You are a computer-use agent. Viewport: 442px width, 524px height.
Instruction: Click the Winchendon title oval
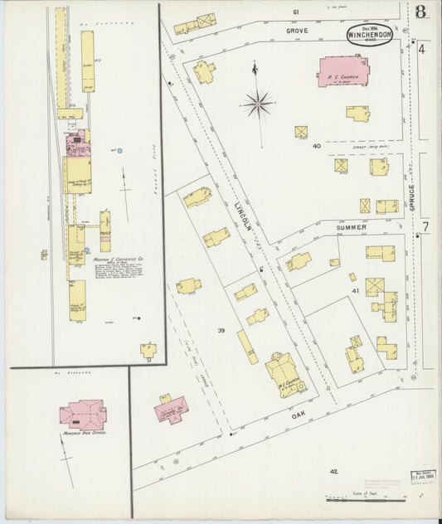click(372, 35)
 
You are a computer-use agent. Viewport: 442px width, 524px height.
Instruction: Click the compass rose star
click(259, 104)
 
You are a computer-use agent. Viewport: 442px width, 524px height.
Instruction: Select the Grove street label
click(297, 31)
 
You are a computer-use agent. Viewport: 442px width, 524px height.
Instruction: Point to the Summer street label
click(351, 226)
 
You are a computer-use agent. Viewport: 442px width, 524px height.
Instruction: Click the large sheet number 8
click(422, 12)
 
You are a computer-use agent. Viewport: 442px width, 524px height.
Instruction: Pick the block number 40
click(316, 146)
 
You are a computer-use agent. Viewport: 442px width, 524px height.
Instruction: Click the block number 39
click(221, 331)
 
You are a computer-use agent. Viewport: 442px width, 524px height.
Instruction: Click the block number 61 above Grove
click(294, 12)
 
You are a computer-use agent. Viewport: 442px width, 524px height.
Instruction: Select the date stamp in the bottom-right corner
click(424, 478)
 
